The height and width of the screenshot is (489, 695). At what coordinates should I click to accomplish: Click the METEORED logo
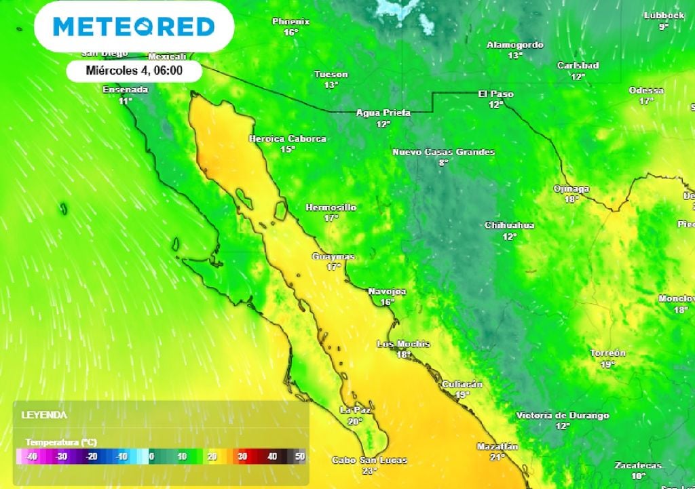pos(134,26)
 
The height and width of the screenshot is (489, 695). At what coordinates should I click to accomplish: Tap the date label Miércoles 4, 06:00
pos(134,70)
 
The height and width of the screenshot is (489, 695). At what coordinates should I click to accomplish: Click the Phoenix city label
pos(290,22)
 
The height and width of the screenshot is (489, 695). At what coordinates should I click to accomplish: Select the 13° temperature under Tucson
pos(331,85)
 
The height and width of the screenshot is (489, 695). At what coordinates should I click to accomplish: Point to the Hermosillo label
pos(331,208)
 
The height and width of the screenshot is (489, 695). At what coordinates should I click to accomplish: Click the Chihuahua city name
pos(509,225)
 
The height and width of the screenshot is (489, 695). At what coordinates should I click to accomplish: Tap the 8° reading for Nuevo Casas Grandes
pos(444,163)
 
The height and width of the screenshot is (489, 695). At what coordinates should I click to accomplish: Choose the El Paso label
pos(495,94)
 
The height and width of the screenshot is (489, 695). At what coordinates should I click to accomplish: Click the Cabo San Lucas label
pos(369,460)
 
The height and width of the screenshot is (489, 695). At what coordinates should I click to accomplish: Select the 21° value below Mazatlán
pos(498,457)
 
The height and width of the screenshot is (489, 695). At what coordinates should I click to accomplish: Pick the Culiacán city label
pos(462,384)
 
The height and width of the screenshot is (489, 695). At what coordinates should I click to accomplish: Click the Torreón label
pos(607,353)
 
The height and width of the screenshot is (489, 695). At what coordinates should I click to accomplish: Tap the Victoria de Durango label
pos(562,415)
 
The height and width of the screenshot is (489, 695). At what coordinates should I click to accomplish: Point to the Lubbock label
pos(663,16)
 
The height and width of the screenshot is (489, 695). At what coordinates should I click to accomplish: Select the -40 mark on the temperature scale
pos(30,457)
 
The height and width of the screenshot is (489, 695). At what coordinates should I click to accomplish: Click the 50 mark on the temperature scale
pos(299,457)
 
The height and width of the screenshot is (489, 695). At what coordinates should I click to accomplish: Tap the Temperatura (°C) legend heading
pos(61,442)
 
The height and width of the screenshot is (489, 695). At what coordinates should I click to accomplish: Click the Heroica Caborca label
pos(288,138)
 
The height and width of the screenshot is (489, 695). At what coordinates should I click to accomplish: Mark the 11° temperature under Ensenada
pos(126,101)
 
